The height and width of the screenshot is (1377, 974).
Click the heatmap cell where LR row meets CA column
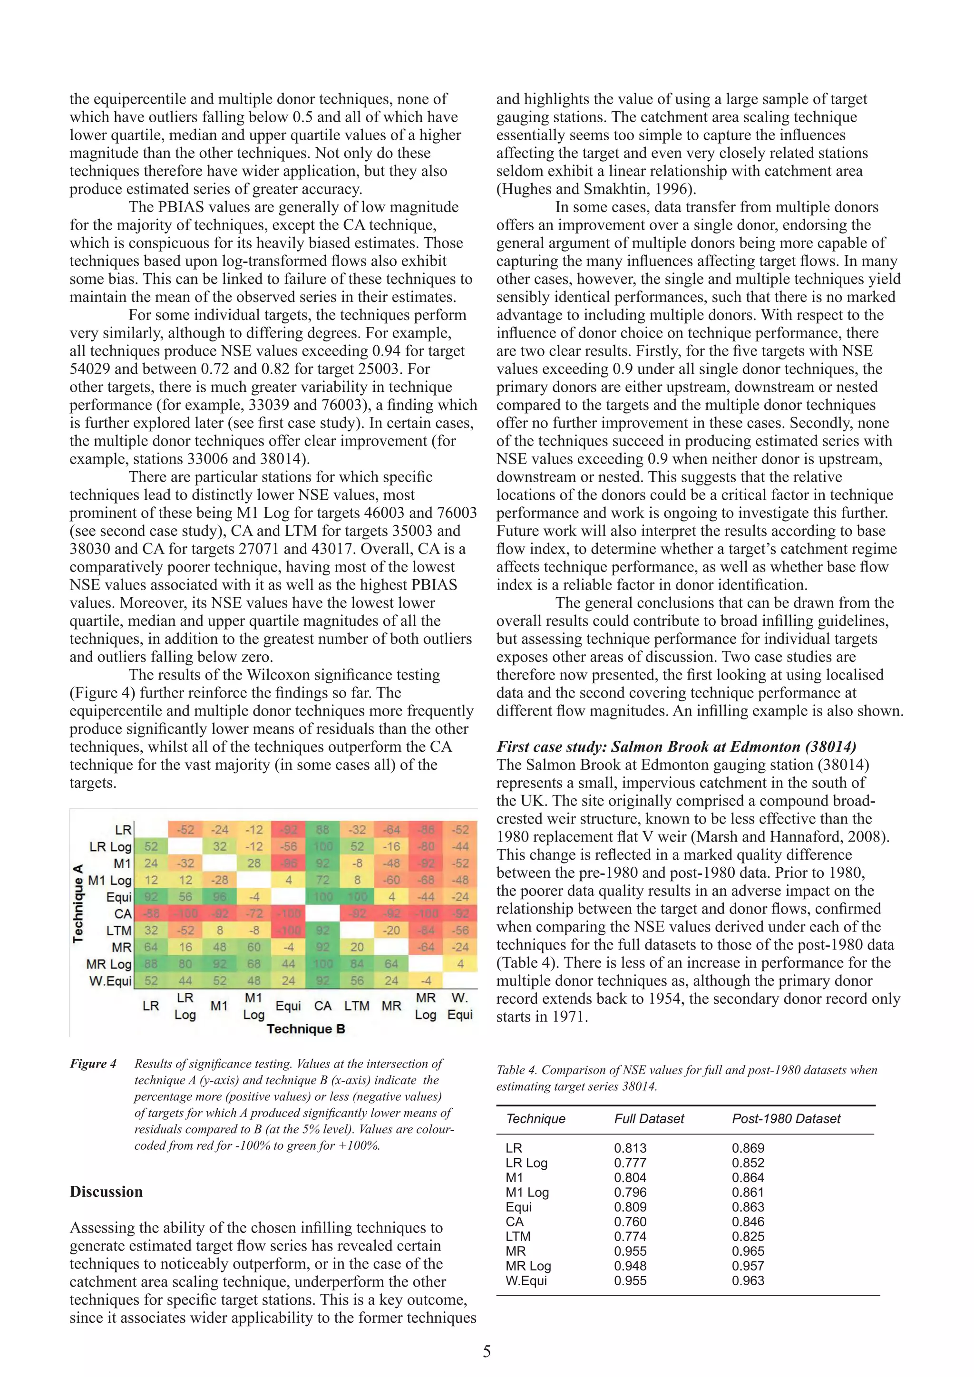click(x=322, y=829)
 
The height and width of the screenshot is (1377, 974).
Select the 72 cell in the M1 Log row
click(x=322, y=880)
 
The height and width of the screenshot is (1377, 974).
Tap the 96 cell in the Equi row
click(x=220, y=897)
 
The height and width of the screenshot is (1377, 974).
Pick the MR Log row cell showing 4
click(x=460, y=964)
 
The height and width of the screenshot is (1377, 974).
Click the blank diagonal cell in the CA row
click(x=322, y=913)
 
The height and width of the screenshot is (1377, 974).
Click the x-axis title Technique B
click(x=305, y=1028)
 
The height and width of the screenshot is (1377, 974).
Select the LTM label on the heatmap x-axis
click(x=357, y=1006)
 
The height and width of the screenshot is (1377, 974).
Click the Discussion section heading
click(x=106, y=1192)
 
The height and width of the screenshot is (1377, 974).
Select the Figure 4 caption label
click(x=93, y=1064)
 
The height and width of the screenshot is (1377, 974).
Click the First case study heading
click(x=676, y=747)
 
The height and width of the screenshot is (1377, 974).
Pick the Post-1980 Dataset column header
click(x=786, y=1118)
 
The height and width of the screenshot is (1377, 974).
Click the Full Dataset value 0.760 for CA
click(x=630, y=1222)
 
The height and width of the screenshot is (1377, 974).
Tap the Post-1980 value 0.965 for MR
click(x=748, y=1251)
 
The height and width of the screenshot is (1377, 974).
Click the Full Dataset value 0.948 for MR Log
click(x=630, y=1266)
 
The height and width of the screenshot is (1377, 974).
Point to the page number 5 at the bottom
click(x=487, y=1352)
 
